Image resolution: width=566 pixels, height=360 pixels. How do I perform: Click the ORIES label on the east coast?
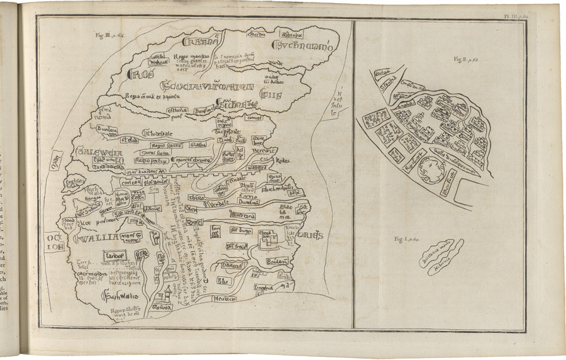pos(309,235)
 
